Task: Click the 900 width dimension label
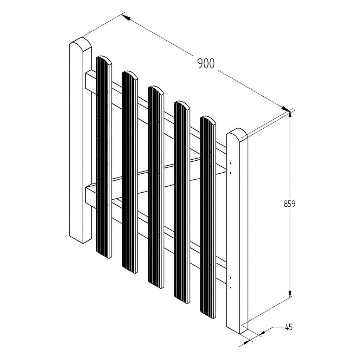point(206,64)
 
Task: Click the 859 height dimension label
point(290,204)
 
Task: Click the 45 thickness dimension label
point(289,327)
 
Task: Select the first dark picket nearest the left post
point(104,157)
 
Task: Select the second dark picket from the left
point(130,172)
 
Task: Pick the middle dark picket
point(156,187)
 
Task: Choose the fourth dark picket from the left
point(182,202)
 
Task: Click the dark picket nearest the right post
point(208,217)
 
